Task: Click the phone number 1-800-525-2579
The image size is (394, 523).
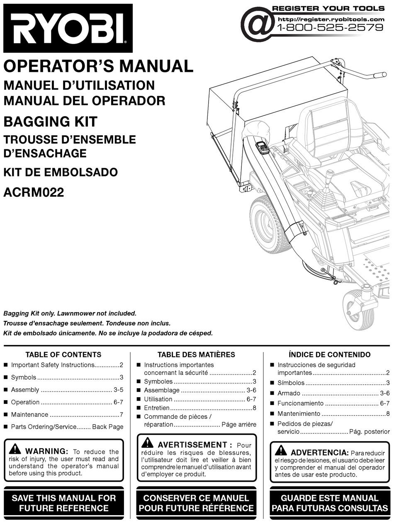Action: pos(330,28)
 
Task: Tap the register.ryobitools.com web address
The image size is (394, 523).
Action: pos(331,19)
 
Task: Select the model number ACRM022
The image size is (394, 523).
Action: pos(34,193)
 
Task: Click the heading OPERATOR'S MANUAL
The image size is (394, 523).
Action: pos(98,66)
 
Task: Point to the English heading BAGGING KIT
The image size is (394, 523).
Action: pos(50,122)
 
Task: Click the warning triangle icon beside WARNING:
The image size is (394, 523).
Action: pos(15,449)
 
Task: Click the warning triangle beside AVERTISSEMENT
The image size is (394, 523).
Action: pos(147,443)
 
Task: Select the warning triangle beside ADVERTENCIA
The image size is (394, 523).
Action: pos(280,450)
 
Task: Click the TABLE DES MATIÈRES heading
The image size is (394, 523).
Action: pos(196,354)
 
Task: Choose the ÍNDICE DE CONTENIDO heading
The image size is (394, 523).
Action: pos(329,354)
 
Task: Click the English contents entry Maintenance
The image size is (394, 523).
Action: pos(29,414)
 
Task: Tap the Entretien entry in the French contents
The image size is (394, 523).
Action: pos(156,408)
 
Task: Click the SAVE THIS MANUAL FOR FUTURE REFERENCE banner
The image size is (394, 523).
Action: pos(63,503)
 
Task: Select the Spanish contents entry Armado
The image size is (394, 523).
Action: pos(289,393)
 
